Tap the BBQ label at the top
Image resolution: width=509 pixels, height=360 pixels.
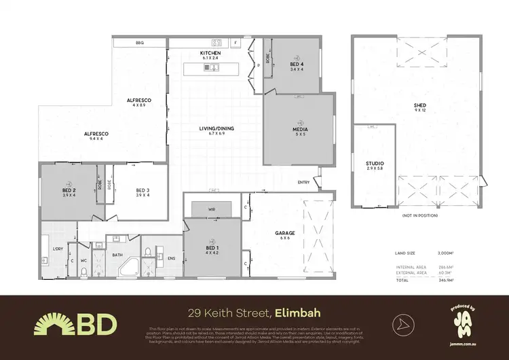coord(140,43)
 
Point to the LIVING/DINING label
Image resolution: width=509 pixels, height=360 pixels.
coord(216,128)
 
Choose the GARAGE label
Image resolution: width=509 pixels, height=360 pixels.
coord(284,232)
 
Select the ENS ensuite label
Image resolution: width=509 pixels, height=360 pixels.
coord(172,257)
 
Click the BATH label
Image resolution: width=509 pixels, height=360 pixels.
coord(117,255)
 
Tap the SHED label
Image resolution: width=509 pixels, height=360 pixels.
coord(419,105)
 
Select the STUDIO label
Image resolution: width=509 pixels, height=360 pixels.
coord(375,164)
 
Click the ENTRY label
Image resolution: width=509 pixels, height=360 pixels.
coord(303,182)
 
